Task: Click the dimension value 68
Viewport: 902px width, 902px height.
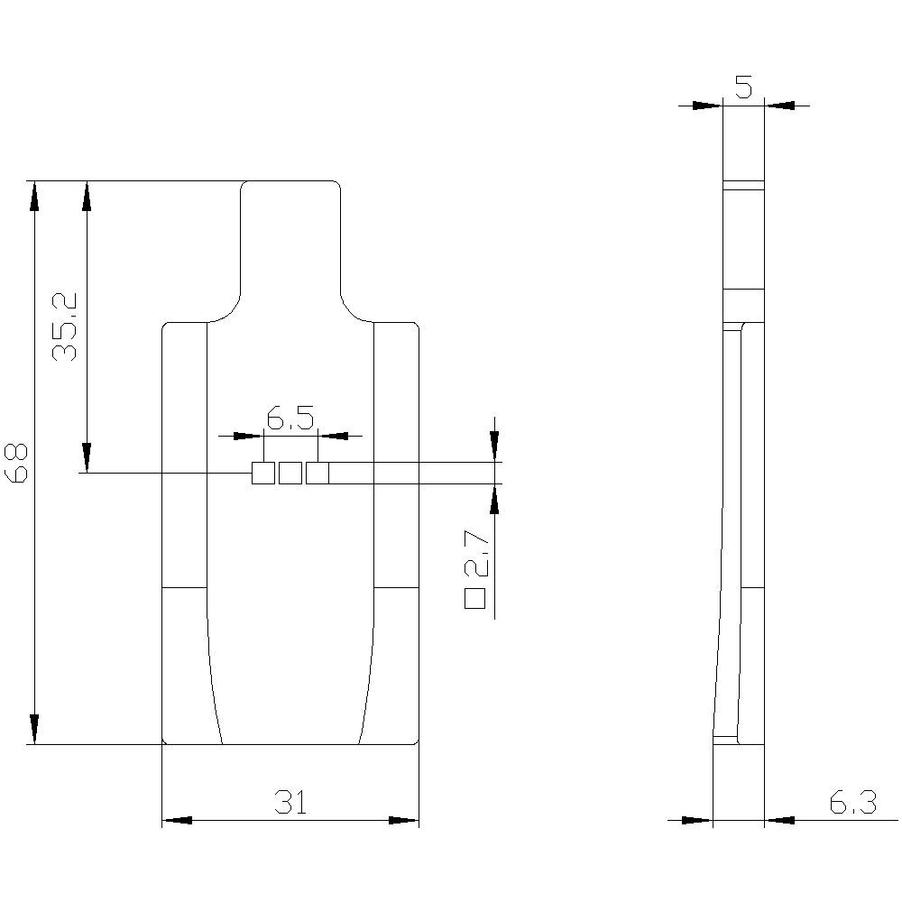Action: pos(18,463)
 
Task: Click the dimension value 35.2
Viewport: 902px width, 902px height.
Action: pos(65,327)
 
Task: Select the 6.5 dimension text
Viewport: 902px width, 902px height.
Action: pos(290,418)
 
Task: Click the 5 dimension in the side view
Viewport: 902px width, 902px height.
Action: pos(743,87)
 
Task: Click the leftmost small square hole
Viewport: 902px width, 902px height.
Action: pos(262,473)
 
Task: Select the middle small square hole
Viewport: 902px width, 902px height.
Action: pos(290,473)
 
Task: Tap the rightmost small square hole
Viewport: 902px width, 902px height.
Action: pos(317,473)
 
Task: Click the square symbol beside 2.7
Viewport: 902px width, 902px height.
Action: pos(475,597)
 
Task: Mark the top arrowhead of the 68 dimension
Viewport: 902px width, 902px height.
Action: pos(34,195)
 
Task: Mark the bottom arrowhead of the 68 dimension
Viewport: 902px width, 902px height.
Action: pos(34,730)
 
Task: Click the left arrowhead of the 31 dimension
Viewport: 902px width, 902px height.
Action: pos(176,821)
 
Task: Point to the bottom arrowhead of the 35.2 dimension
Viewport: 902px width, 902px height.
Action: pos(87,458)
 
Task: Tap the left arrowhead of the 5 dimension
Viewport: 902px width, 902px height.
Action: pos(708,106)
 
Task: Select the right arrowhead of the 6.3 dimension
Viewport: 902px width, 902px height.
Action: pos(779,821)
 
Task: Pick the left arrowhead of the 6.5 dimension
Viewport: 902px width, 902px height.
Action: pos(248,436)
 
